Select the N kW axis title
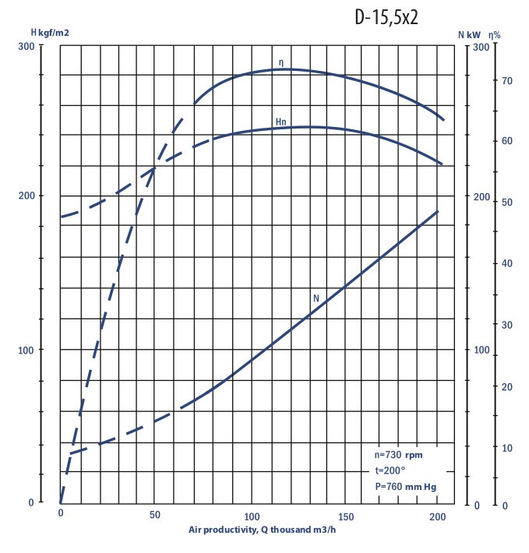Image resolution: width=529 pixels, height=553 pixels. point(469,34)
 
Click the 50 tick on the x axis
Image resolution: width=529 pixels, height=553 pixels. point(155,516)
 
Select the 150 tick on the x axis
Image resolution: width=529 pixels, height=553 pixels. point(345,516)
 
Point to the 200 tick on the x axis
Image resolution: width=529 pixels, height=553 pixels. point(439,516)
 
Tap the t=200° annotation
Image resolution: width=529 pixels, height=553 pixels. point(390,470)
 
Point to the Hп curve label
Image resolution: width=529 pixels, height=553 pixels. point(280,122)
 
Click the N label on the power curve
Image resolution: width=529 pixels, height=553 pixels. point(316,298)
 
